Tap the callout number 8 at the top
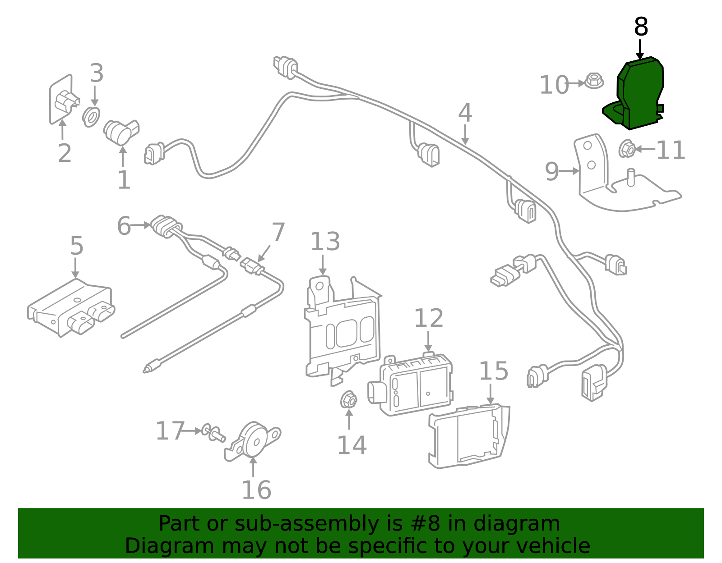tap(641, 27)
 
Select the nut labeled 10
tap(594, 81)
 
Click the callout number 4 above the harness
tap(465, 114)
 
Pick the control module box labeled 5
tap(70, 307)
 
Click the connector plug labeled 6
tap(166, 225)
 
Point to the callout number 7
tap(278, 232)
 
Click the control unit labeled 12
tap(415, 383)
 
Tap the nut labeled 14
tap(348, 400)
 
